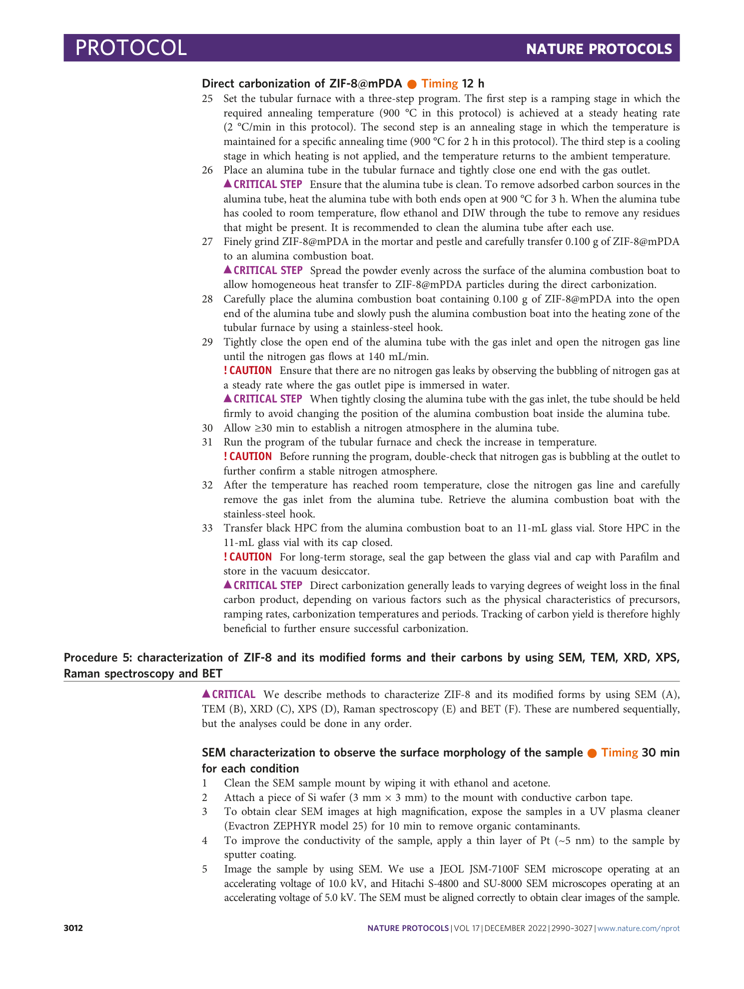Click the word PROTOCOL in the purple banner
[131, 48]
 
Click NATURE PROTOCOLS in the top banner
[599, 49]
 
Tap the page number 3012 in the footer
[73, 928]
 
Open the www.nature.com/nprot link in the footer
[638, 928]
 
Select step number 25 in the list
[207, 98]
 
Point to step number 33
[207, 528]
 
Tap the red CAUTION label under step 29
[248, 370]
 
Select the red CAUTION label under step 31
[248, 456]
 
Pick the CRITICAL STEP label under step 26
[263, 184]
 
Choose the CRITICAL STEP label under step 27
[263, 270]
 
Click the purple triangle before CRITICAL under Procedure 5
[206, 693]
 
